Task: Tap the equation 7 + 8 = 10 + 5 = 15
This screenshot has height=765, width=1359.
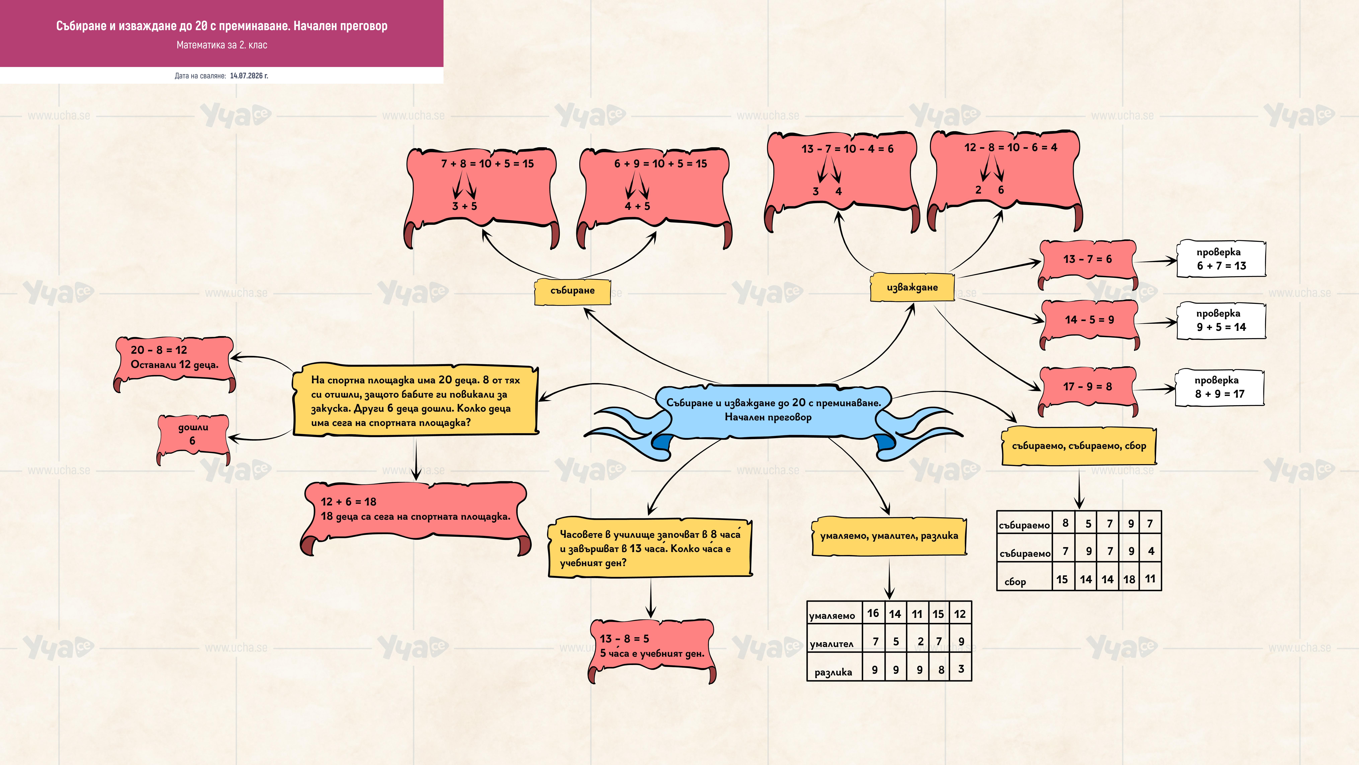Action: tap(488, 164)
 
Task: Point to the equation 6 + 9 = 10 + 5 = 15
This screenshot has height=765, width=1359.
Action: tap(661, 164)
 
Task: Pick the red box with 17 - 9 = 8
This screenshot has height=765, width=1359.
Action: tap(1088, 391)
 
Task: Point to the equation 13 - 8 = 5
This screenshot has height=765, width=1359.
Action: tap(624, 639)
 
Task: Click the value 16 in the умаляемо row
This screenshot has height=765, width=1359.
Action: tap(873, 613)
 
